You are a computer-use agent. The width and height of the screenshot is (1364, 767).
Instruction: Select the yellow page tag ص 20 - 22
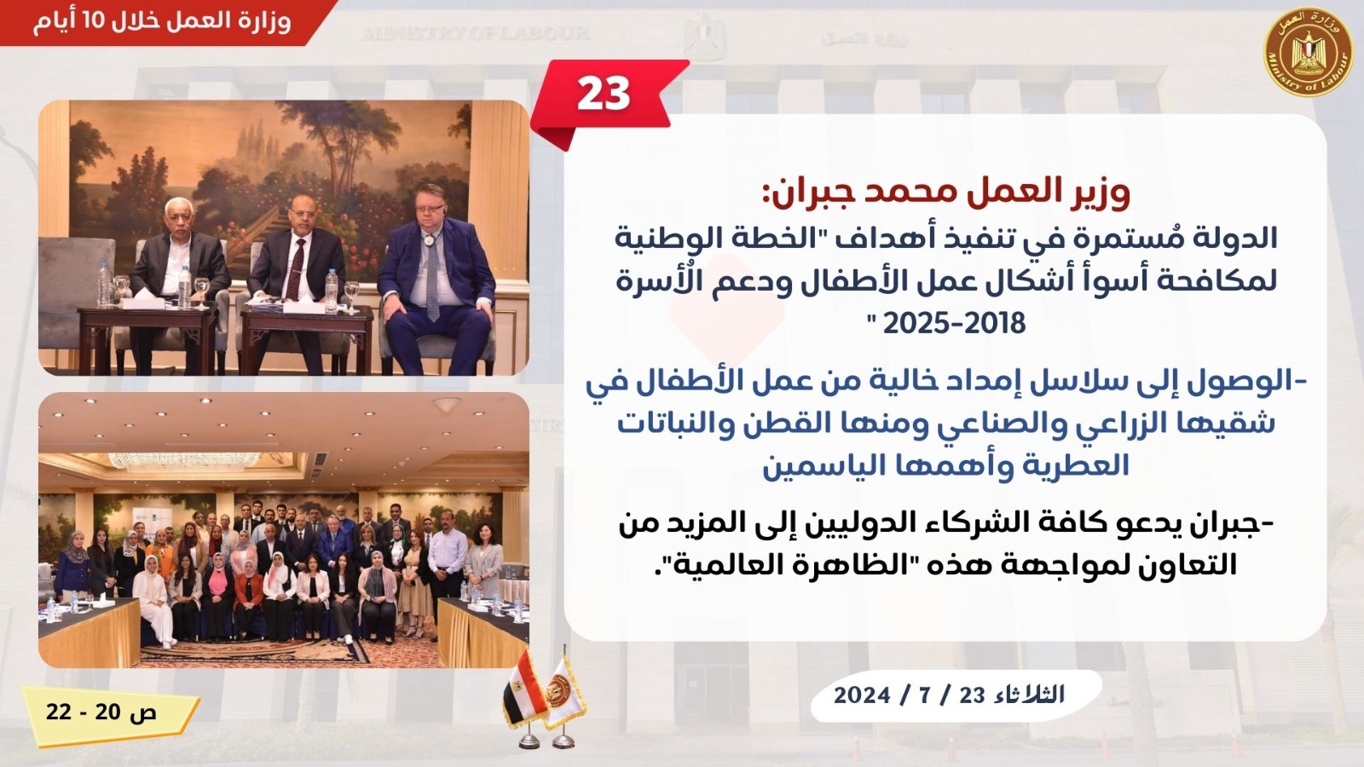111,713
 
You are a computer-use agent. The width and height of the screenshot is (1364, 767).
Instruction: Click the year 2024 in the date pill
862,695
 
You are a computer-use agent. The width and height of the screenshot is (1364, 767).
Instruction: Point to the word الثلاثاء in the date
1031,695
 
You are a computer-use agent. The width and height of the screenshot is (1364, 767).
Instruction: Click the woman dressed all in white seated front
153,602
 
